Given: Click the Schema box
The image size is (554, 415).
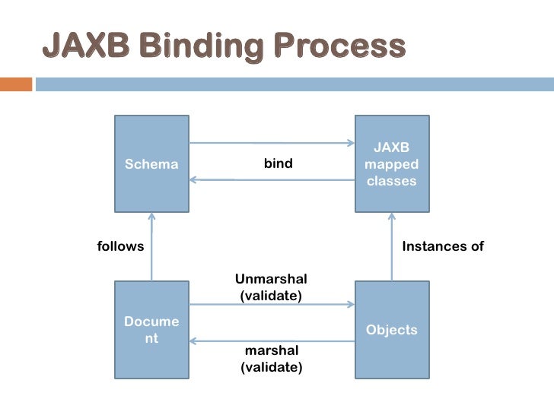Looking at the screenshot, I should click(151, 163).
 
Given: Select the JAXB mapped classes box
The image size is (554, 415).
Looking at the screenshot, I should click(392, 163).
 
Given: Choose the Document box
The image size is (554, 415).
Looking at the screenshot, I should click(151, 329).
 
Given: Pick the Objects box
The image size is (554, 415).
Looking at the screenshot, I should click(392, 329).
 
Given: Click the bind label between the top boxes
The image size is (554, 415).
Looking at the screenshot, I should click(278, 163).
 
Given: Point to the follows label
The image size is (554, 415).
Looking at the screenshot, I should click(120, 246).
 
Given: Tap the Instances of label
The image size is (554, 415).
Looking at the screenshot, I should click(443, 246).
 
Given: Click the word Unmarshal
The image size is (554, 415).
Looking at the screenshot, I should click(271, 279).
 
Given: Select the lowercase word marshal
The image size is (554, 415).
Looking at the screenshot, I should click(271, 351).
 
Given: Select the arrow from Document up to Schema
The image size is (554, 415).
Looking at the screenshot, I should click(151, 246).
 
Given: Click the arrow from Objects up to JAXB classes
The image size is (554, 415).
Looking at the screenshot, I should click(392, 246).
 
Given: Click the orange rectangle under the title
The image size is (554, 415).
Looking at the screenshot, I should click(14, 84).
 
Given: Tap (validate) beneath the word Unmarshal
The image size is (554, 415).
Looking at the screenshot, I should click(271, 296).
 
